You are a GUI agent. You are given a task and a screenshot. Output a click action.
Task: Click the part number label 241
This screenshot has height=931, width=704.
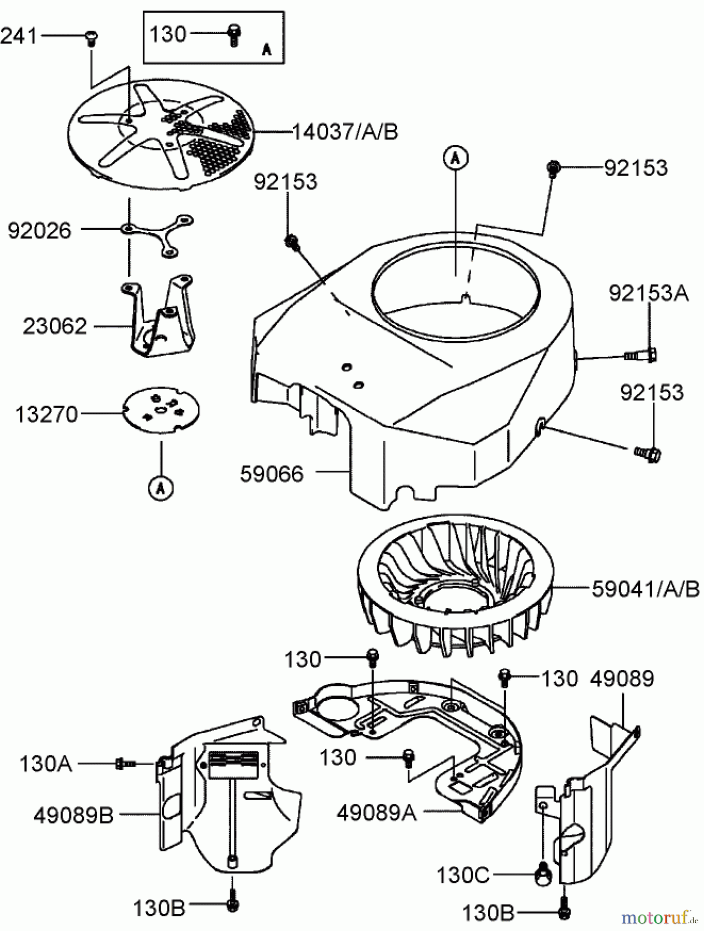tap(19, 36)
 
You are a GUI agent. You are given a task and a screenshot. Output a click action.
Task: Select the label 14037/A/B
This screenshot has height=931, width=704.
tap(345, 132)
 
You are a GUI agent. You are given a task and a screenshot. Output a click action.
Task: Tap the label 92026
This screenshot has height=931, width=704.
tap(39, 231)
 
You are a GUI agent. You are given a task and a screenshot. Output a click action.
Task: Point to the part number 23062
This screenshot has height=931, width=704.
tap(54, 326)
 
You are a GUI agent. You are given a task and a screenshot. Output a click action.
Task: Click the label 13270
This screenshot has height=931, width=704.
tap(47, 414)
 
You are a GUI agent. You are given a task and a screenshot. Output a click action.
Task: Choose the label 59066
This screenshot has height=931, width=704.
tap(272, 474)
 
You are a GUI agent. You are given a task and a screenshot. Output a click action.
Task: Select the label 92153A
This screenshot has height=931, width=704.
tap(648, 293)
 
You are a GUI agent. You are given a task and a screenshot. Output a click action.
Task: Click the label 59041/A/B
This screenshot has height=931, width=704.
tap(645, 589)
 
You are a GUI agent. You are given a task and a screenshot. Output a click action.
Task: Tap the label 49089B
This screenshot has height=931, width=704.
tap(73, 816)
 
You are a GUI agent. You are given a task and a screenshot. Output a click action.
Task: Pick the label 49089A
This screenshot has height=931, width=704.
tap(377, 813)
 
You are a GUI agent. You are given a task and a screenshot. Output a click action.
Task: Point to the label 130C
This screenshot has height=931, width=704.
tap(463, 876)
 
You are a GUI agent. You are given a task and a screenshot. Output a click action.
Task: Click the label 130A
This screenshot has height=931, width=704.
tap(46, 764)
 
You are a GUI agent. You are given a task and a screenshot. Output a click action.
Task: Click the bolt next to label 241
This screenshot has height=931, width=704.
tap(92, 38)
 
